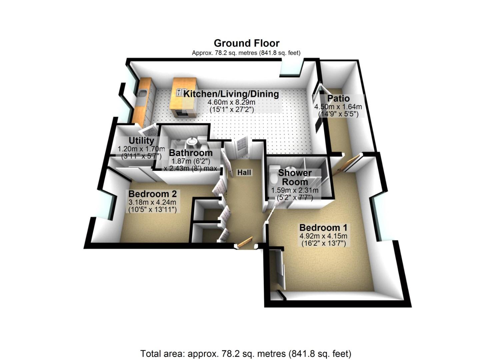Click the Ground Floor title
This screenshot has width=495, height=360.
point(247,43)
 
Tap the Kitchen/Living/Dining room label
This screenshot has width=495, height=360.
point(231,94)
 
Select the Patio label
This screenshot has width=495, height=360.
point(338,98)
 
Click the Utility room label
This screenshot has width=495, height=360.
point(141,141)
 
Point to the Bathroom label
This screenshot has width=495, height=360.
point(191,153)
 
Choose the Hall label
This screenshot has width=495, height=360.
point(244,172)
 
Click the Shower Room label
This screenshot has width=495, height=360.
point(295,177)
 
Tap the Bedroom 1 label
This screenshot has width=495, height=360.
point(323,228)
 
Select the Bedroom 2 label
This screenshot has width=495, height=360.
point(152,194)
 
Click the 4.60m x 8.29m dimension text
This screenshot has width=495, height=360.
point(231,103)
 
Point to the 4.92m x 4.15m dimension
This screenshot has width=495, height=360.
point(323,236)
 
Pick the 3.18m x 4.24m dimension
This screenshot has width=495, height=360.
point(152,202)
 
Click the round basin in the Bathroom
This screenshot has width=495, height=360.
point(191,141)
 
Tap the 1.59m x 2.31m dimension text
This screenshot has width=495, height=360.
point(295,190)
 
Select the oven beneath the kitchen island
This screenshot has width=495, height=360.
point(183,113)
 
